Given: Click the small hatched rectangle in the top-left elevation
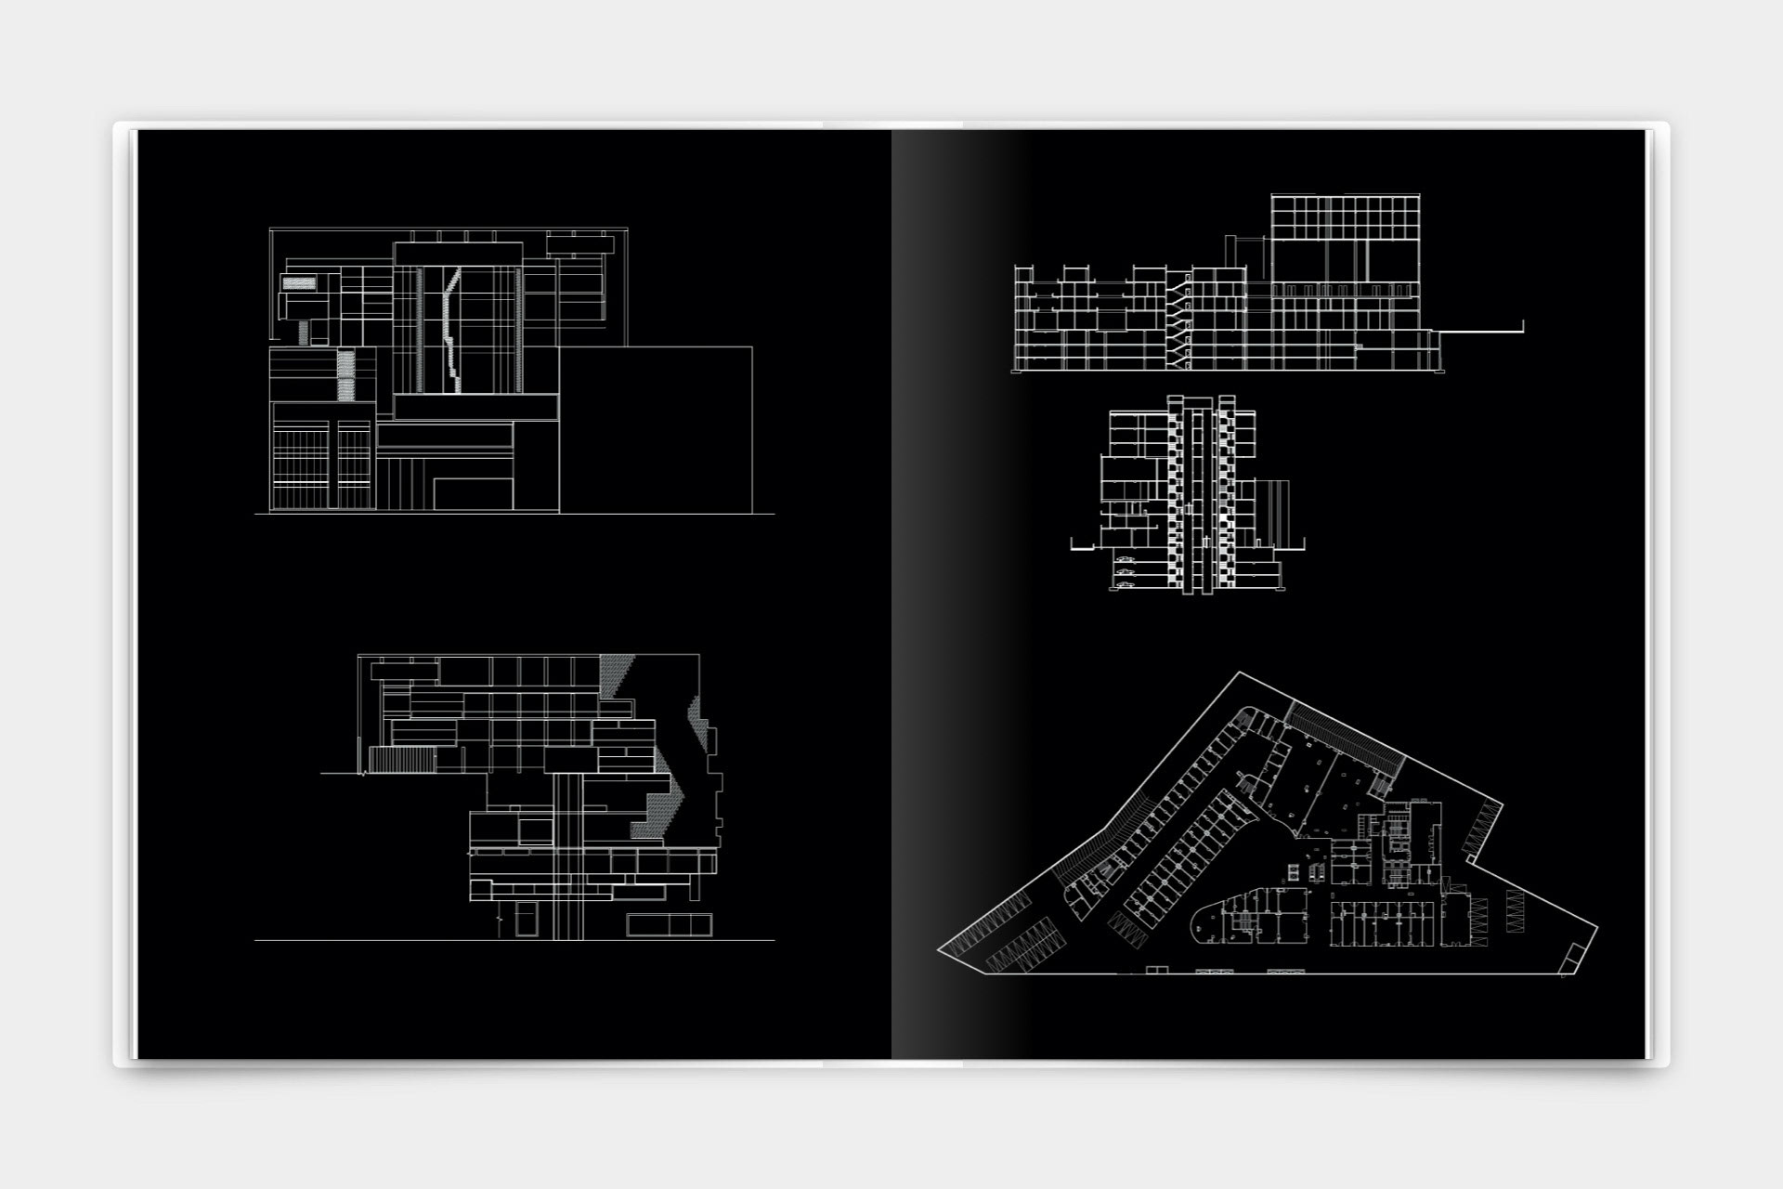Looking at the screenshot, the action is (298, 281).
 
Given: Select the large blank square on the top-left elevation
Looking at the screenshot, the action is (656, 429).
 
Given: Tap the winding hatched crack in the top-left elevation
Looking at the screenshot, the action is (451, 330).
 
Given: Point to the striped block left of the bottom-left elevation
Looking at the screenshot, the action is (402, 760).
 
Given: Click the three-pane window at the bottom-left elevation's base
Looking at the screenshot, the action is (669, 924).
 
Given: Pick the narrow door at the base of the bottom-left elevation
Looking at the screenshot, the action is (526, 920).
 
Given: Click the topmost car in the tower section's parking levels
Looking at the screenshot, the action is (1126, 559).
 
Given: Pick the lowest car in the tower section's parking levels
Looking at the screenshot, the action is (1126, 585).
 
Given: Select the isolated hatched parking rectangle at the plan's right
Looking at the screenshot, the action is (1516, 912).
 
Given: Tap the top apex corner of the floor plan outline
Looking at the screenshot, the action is (1240, 673).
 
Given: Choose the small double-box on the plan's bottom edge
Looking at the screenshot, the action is (1156, 971).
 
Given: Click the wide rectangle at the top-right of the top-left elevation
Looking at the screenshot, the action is (579, 245).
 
